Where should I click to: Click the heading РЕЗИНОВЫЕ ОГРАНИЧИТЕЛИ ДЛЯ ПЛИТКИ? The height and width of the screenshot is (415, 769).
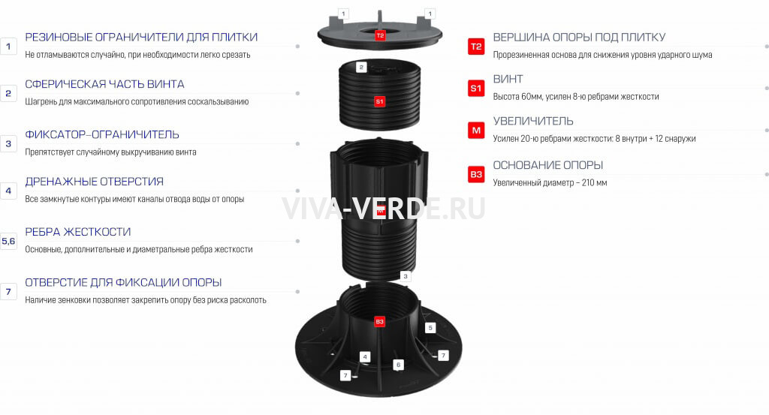(141, 38)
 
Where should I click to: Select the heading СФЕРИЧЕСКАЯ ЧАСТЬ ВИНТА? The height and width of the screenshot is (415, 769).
(104, 84)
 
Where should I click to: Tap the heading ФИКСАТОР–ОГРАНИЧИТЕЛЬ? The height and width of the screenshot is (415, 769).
(102, 135)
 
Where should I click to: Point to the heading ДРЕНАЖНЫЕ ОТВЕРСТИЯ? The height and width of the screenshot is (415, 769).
(94, 182)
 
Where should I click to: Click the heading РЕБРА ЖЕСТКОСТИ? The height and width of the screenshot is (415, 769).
(78, 232)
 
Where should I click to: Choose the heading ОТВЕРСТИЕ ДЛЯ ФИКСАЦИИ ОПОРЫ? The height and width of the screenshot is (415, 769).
(123, 283)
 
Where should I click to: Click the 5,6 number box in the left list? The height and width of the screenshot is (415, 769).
(8, 241)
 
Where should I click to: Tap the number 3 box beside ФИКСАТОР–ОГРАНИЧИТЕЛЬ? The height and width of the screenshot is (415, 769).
(8, 144)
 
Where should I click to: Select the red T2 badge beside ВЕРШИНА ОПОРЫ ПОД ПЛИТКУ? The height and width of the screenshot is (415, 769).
(476, 47)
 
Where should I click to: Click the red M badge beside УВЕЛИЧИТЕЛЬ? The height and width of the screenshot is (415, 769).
(476, 131)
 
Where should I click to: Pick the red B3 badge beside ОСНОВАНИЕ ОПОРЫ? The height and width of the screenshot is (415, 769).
(476, 174)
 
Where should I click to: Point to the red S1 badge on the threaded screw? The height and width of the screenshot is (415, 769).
(379, 101)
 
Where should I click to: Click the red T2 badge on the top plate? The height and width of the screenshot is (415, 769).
(380, 35)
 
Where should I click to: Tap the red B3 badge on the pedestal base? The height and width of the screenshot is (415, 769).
(379, 321)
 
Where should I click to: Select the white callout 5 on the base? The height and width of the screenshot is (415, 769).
(430, 328)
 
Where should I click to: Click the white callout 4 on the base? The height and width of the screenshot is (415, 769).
(364, 356)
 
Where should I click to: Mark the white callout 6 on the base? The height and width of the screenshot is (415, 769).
(398, 365)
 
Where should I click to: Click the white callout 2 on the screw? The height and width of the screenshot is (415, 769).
(361, 67)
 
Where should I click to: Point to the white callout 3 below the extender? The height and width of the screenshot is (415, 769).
(405, 276)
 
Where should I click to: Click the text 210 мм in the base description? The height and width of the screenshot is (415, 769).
(595, 183)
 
